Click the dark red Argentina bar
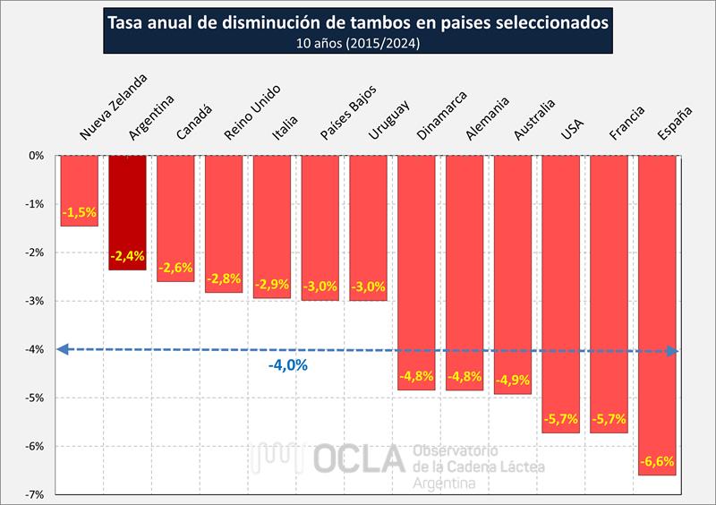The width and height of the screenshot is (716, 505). tap(127, 210)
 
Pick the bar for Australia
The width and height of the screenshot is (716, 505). tap(513, 269)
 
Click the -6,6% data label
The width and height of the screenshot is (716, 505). tap(658, 462)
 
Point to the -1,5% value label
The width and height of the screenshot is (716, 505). tap(79, 213)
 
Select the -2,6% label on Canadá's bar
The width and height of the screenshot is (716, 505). tap(175, 268)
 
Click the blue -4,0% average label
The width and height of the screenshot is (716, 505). tap(287, 365)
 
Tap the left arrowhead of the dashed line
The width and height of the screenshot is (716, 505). tap(61, 349)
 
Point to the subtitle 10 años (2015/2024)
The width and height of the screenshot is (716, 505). tap(358, 42)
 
